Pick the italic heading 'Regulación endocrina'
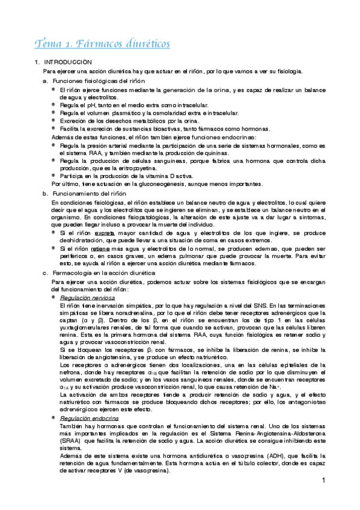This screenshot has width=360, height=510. (89, 401)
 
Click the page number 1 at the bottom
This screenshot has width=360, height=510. (323, 481)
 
